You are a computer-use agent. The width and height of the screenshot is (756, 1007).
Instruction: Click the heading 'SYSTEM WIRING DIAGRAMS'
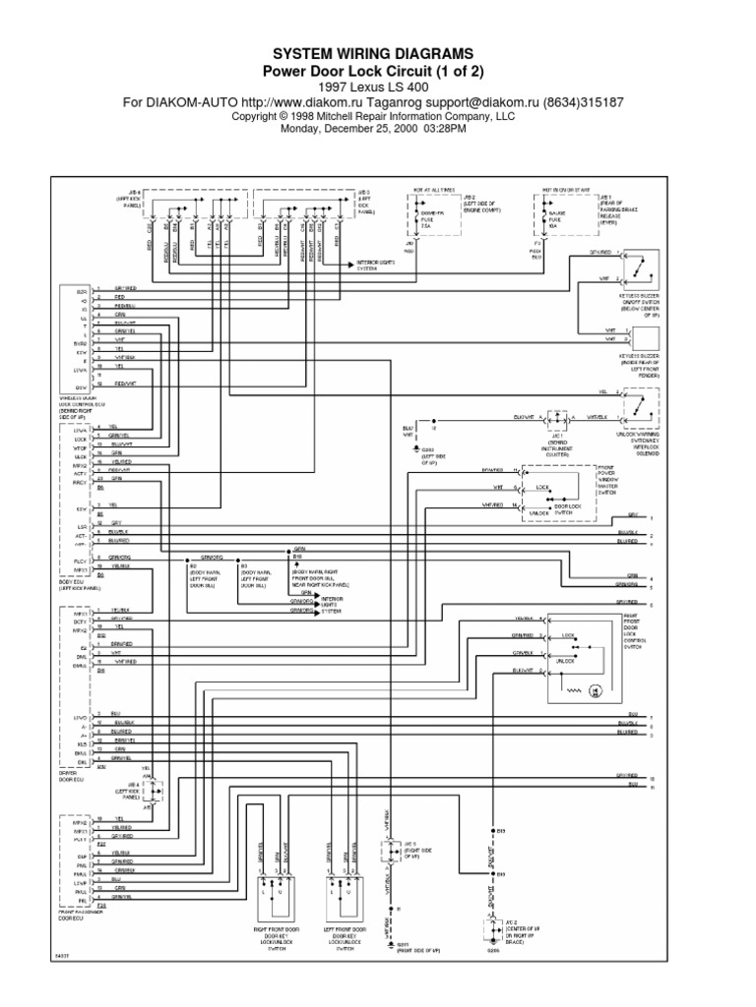coord(378,53)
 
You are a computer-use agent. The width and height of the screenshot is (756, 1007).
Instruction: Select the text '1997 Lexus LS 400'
coord(378,87)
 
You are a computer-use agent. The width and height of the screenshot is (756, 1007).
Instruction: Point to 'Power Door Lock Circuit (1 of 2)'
coord(378,71)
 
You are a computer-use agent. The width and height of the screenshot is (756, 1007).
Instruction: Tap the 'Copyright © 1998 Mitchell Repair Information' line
coord(378,115)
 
